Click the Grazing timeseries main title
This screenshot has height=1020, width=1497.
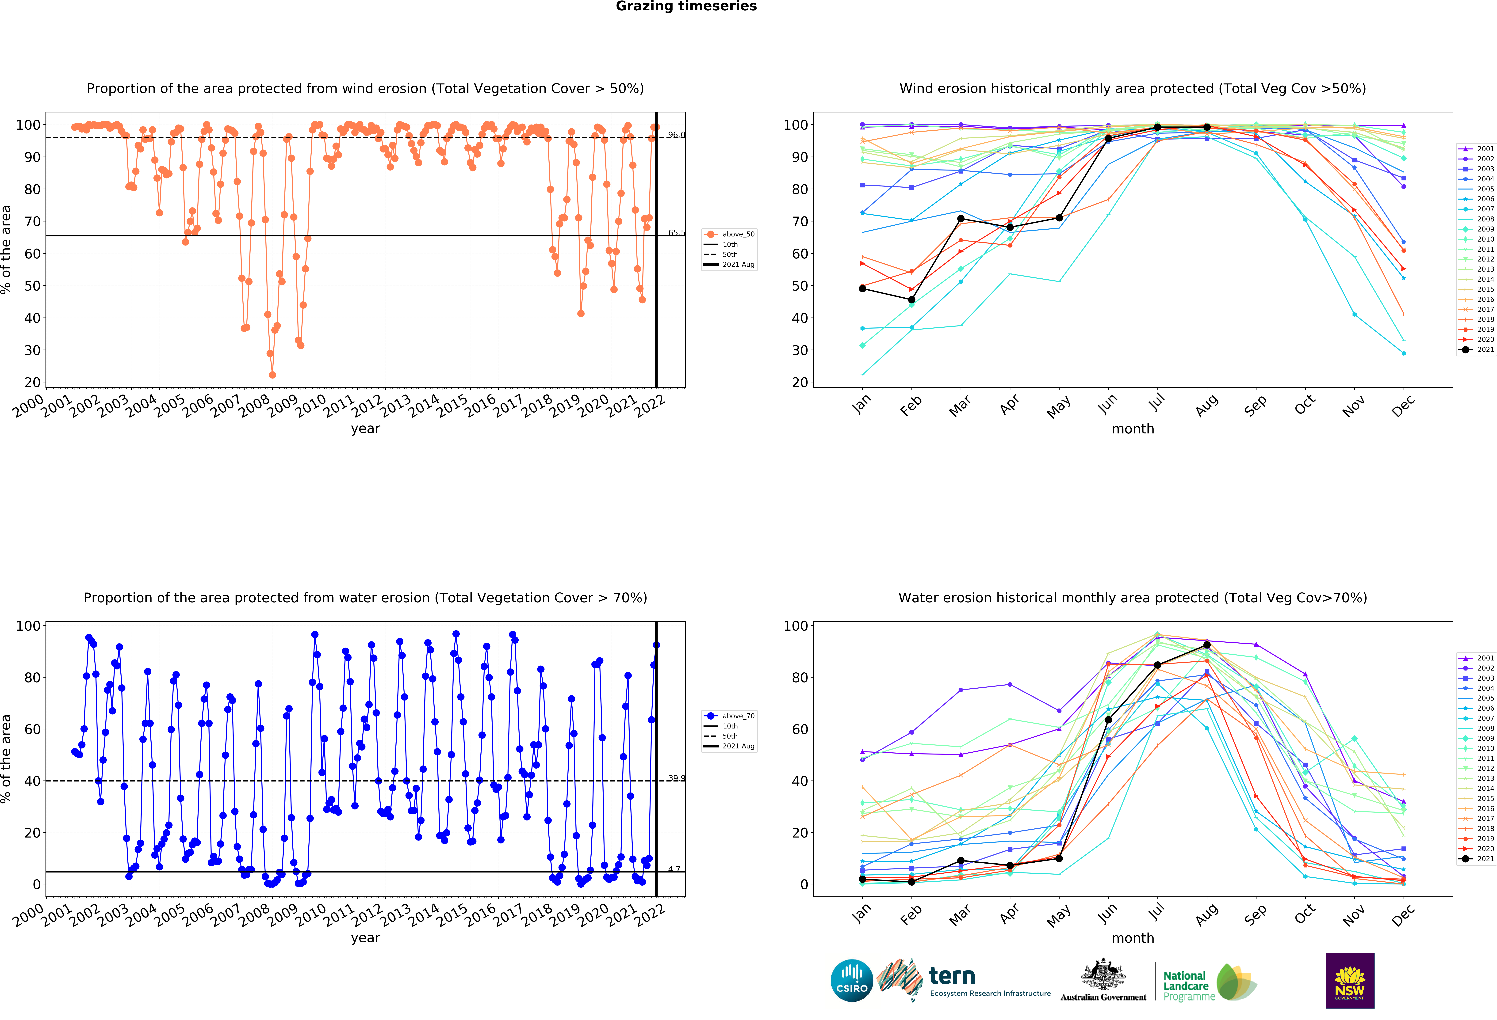pyautogui.click(x=686, y=6)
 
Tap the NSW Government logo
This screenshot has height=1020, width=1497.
pyautogui.click(x=1349, y=980)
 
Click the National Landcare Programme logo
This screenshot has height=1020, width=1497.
pyautogui.click(x=1210, y=982)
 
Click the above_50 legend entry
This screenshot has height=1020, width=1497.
pyautogui.click(x=729, y=234)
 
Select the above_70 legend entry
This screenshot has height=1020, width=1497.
pyautogui.click(x=729, y=716)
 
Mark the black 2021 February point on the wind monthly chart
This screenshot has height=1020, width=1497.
pyautogui.click(x=911, y=300)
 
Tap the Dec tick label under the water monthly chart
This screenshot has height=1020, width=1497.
pyautogui.click(x=1403, y=914)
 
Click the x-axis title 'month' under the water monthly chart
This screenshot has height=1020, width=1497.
pyautogui.click(x=1132, y=938)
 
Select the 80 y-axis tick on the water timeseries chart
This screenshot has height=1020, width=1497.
pyautogui.click(x=32, y=677)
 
